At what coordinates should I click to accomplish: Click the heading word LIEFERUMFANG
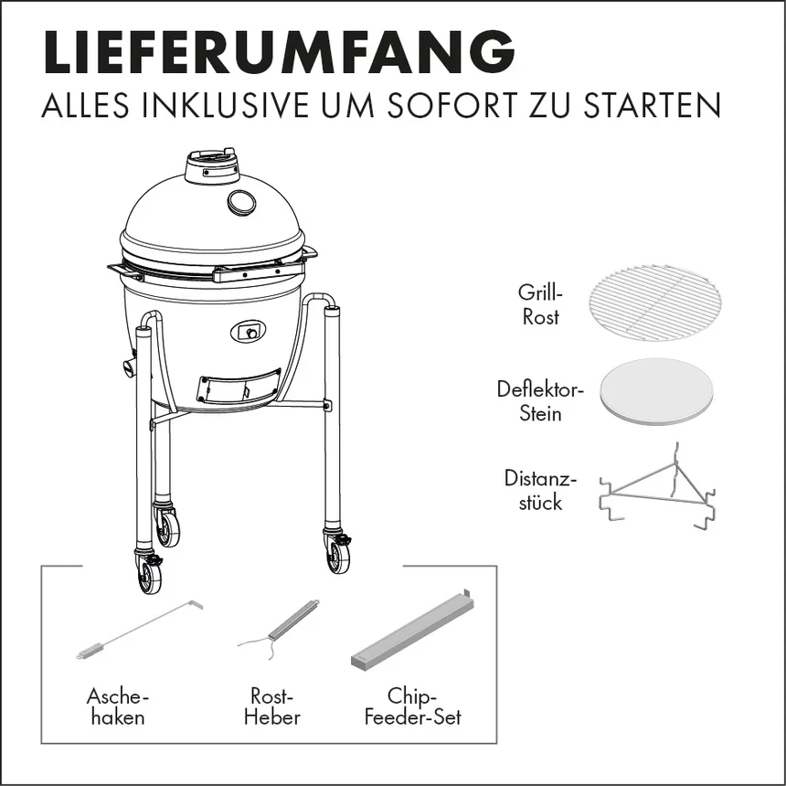(x=280, y=52)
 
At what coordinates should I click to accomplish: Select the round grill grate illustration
(x=655, y=303)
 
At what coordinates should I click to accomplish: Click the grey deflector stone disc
(x=655, y=392)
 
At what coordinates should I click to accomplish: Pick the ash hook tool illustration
(x=140, y=629)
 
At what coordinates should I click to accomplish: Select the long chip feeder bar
(x=412, y=631)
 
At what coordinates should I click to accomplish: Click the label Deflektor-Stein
(x=540, y=401)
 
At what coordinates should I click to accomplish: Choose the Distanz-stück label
(x=540, y=490)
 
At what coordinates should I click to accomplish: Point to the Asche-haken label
(x=118, y=706)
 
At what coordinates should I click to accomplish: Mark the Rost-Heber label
(x=272, y=706)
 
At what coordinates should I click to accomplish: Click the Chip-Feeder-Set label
(x=412, y=706)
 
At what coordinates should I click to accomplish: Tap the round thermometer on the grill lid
(x=241, y=202)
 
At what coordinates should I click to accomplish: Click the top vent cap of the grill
(x=210, y=165)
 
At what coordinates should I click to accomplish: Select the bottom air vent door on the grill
(x=239, y=386)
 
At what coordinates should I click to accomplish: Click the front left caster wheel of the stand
(x=149, y=574)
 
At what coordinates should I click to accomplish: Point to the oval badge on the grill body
(x=248, y=332)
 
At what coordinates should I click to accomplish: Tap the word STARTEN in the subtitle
(x=653, y=105)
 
